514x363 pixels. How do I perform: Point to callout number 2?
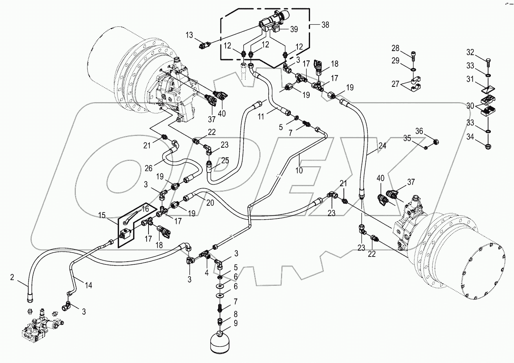[12, 278]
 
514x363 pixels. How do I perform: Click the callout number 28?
[395, 48]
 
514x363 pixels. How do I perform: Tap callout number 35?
[406, 138]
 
